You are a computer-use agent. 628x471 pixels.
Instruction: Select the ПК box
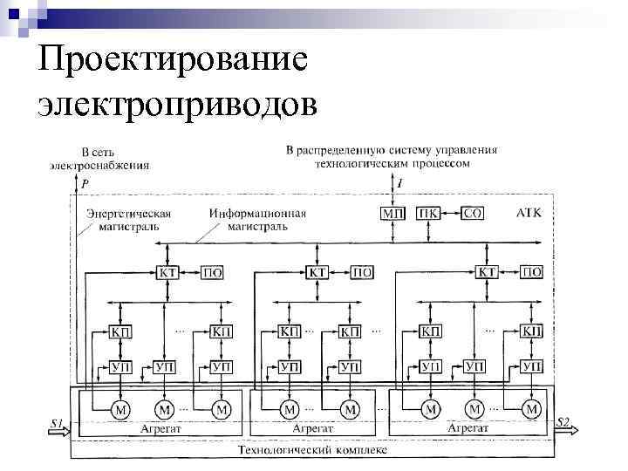click(x=428, y=213)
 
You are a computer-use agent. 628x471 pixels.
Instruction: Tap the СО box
click(x=472, y=213)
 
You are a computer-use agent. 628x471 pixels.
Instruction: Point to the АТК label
click(x=529, y=213)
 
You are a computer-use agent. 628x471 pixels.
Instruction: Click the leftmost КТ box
click(x=169, y=273)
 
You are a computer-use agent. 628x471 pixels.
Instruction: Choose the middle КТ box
click(x=319, y=273)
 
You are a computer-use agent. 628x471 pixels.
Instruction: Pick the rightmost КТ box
click(x=488, y=273)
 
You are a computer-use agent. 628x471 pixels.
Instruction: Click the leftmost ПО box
click(x=212, y=273)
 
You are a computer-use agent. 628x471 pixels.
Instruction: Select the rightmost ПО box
click(x=531, y=273)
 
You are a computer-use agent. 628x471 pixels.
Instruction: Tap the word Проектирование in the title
click(x=173, y=62)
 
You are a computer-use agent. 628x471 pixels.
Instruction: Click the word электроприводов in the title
click(x=177, y=105)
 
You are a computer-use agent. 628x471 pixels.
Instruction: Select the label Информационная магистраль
click(x=257, y=219)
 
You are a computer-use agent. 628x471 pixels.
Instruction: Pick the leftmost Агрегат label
click(x=160, y=429)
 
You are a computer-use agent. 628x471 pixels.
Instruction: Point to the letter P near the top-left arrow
click(x=85, y=184)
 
